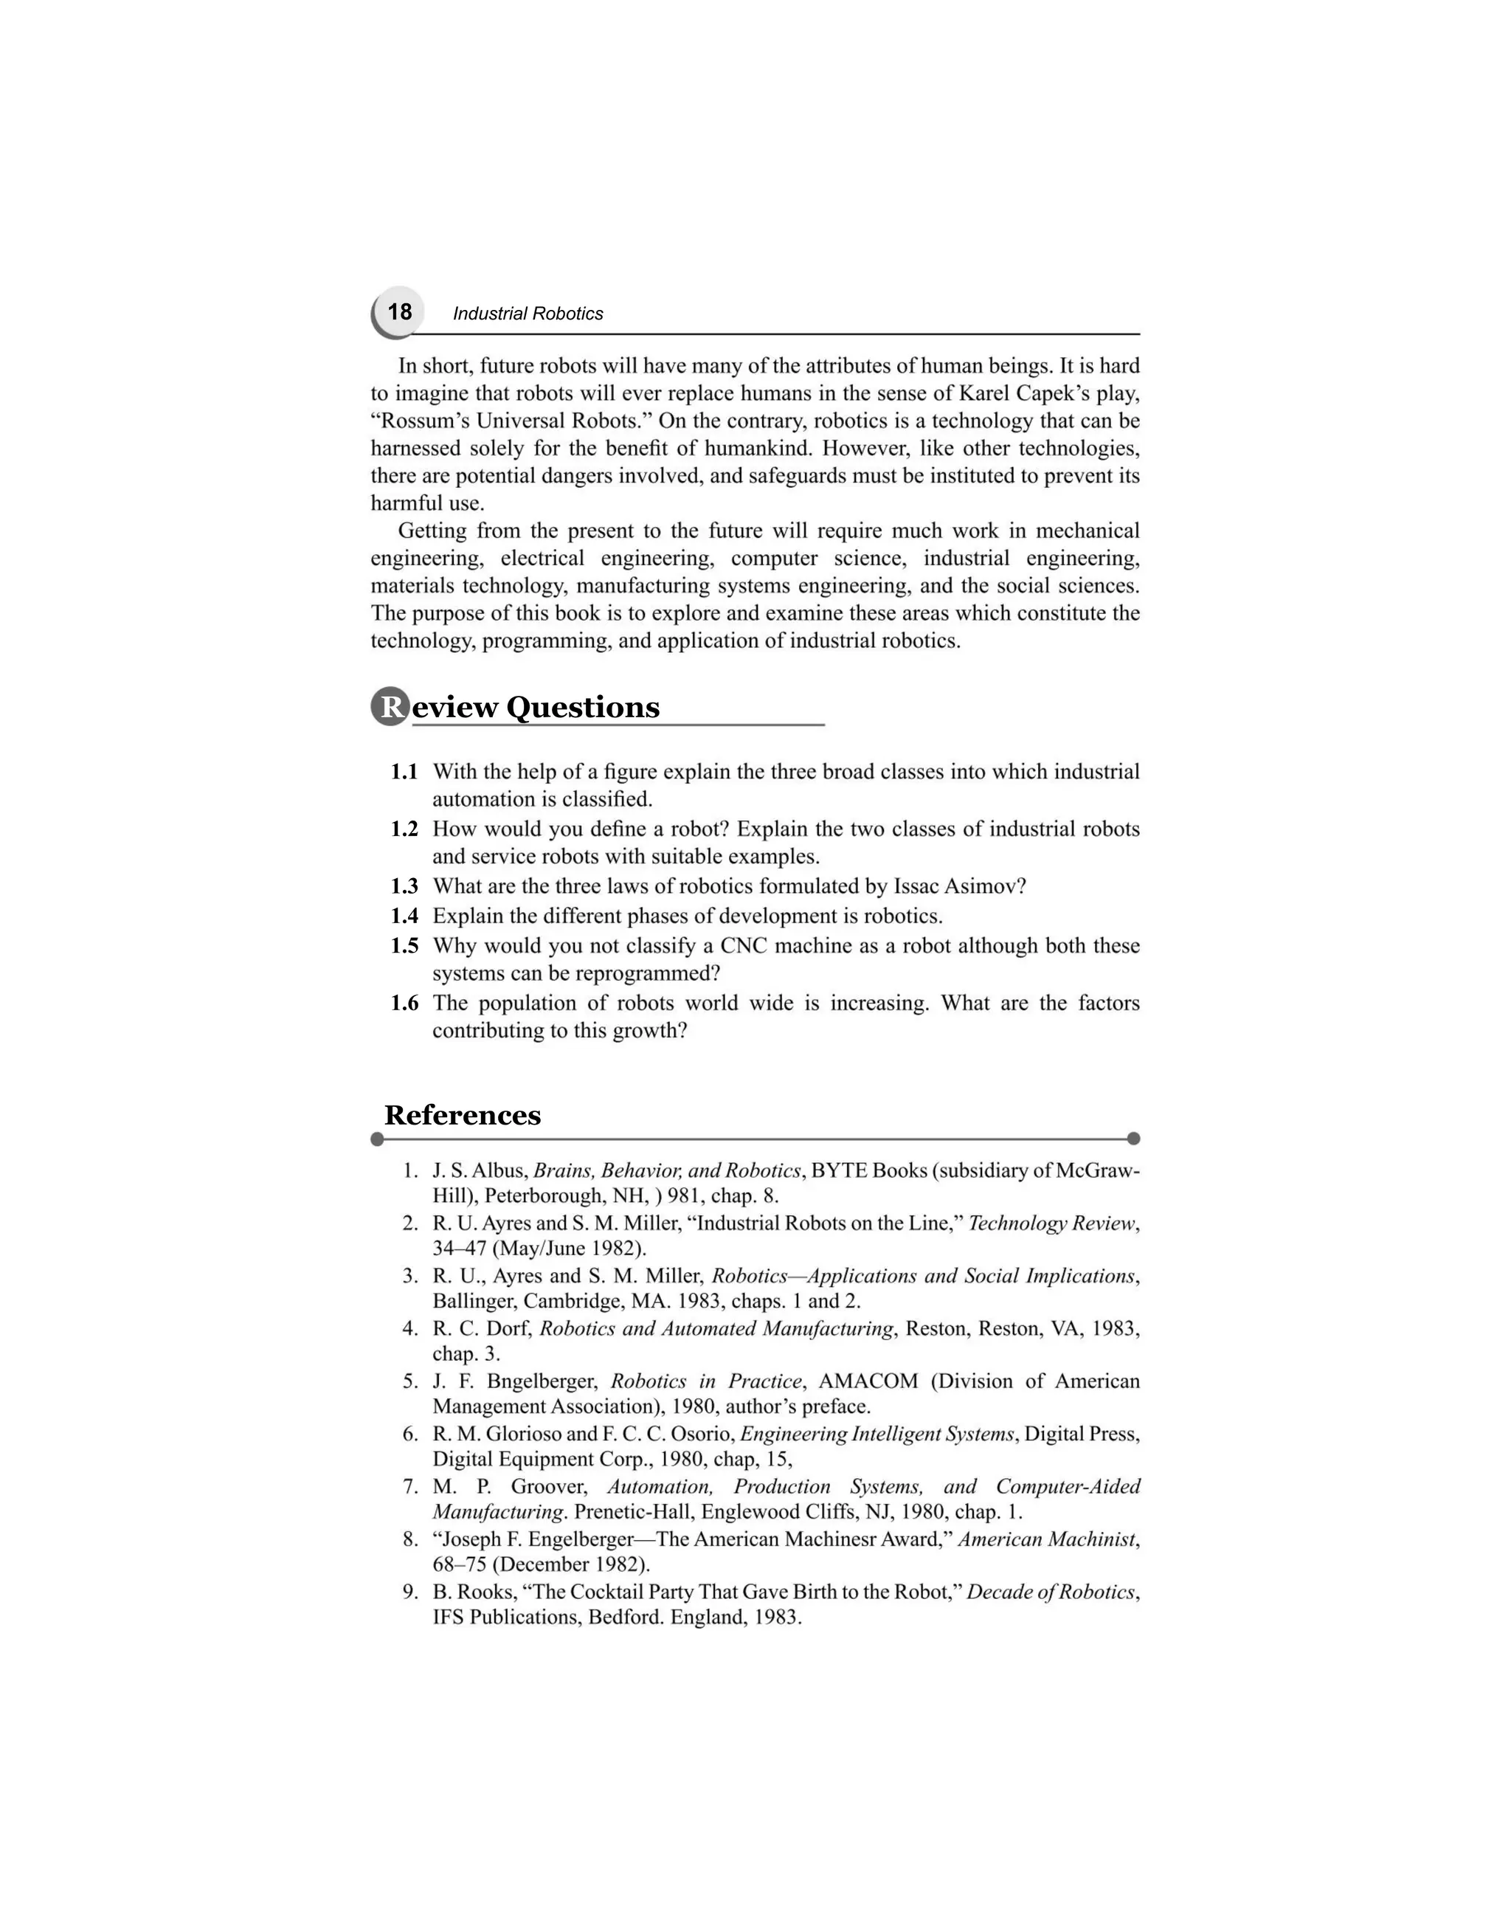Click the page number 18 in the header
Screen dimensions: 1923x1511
pos(399,312)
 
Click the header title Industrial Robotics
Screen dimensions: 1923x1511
pos(528,314)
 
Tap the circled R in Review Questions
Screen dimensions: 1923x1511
pos(390,706)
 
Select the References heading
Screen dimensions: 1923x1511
pos(462,1115)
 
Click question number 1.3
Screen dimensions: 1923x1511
pos(404,887)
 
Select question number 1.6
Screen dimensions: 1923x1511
pos(404,1004)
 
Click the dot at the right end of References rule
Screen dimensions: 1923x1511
pos(1134,1138)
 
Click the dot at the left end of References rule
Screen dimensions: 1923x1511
pos(377,1138)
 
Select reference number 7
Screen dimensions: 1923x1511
pos(409,1487)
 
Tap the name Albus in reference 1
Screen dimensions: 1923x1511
pos(502,1171)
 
